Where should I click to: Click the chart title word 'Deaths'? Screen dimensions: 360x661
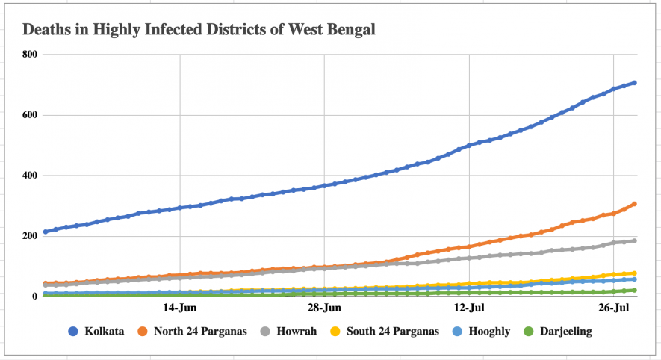[46, 31]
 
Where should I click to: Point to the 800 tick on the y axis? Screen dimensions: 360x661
[29, 55]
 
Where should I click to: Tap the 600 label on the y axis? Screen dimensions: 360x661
[29, 115]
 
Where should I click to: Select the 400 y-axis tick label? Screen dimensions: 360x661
[29, 176]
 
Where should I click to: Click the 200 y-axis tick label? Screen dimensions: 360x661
[29, 237]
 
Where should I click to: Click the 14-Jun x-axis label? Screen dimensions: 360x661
[179, 308]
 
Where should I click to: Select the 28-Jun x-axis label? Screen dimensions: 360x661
[324, 308]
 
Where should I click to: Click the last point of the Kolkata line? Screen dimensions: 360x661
[634, 83]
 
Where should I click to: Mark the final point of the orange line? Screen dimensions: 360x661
[634, 204]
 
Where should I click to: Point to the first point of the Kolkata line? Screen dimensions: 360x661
[46, 232]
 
